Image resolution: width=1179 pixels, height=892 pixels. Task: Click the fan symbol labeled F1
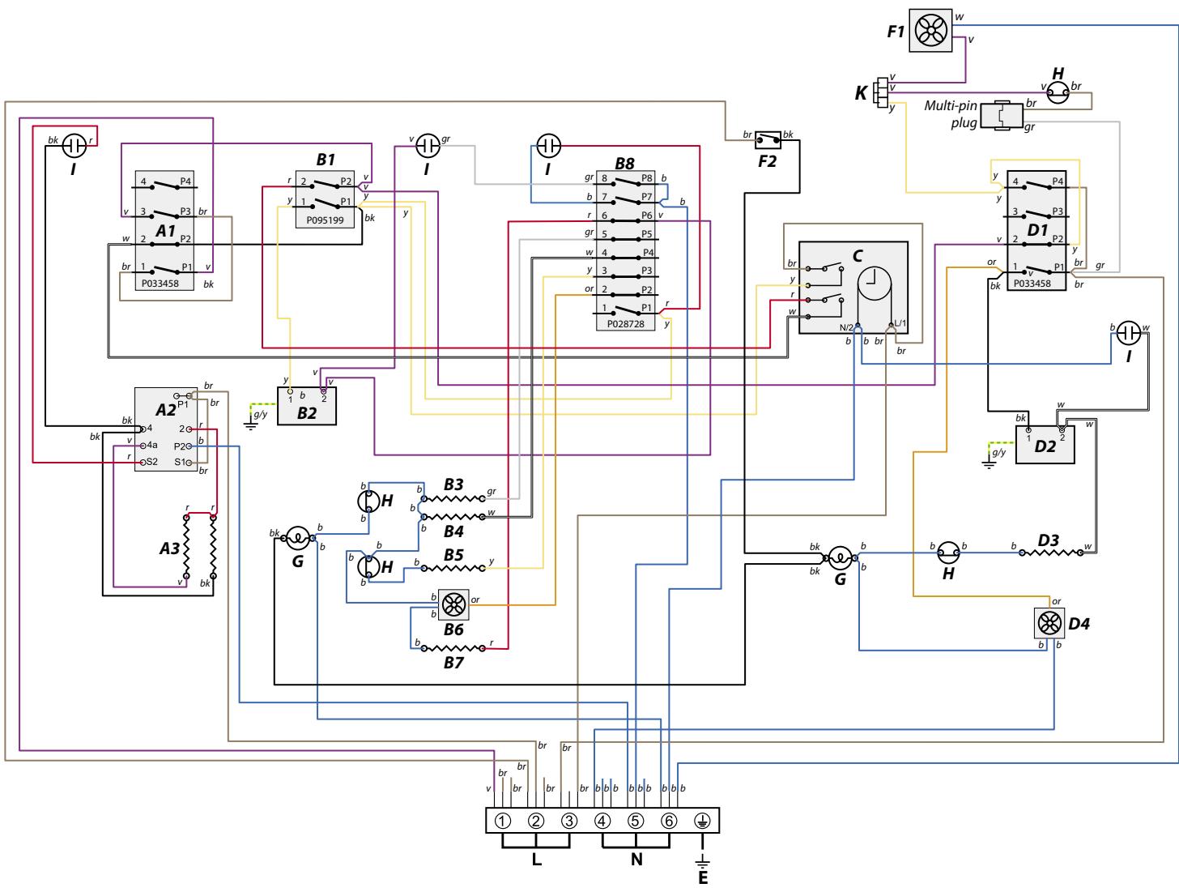(930, 31)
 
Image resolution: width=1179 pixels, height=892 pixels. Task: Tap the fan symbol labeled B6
(454, 604)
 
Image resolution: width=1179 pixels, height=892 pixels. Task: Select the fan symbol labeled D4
(1049, 623)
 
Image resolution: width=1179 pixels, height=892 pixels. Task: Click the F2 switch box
(768, 140)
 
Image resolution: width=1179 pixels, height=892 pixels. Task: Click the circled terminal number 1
(503, 821)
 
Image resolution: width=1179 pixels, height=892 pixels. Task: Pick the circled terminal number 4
(602, 821)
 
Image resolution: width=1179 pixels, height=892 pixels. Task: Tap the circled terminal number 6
(670, 821)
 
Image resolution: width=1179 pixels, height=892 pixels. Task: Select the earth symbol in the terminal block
(703, 821)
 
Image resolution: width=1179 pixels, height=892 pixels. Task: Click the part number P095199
(325, 220)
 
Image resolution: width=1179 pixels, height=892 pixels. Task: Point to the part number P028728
(626, 324)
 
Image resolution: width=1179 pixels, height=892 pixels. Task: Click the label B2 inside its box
(307, 413)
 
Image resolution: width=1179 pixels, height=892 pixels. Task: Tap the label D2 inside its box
(1045, 446)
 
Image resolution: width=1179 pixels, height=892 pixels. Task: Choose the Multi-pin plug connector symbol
(1002, 115)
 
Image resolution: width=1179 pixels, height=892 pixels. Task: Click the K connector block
(881, 93)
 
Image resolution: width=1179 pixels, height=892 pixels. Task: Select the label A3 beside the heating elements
(170, 548)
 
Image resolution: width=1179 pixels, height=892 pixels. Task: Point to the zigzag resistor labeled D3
(1052, 553)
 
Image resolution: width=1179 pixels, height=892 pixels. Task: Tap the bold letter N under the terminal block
(636, 860)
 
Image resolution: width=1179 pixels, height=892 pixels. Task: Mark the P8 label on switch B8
(647, 178)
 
